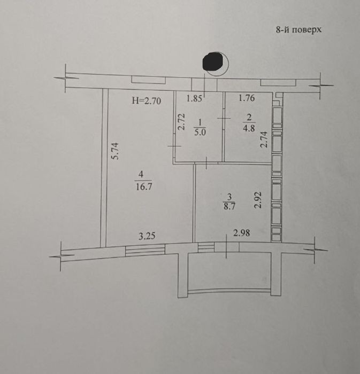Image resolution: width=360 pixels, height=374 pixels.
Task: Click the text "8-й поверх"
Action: pyautogui.click(x=298, y=30)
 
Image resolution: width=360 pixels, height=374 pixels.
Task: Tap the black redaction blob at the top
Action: pyautogui.click(x=212, y=62)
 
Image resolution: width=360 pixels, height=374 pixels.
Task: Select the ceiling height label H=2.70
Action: pyautogui.click(x=147, y=101)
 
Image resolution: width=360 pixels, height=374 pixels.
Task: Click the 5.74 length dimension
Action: pyautogui.click(x=115, y=151)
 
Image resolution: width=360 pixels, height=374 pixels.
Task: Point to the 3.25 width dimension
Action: pyautogui.click(x=147, y=236)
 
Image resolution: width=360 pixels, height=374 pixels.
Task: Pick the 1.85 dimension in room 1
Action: pyautogui.click(x=194, y=98)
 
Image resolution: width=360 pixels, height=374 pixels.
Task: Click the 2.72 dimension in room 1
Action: pyautogui.click(x=182, y=122)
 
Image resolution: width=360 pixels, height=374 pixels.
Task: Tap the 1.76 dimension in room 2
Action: pyautogui.click(x=247, y=98)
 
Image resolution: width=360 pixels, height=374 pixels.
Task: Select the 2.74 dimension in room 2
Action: pyautogui.click(x=264, y=140)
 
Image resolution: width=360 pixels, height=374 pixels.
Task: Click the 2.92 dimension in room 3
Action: pyautogui.click(x=258, y=200)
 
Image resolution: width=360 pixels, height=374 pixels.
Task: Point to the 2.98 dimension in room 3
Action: pyautogui.click(x=242, y=232)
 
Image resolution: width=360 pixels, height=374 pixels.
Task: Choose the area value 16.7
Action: pyautogui.click(x=144, y=186)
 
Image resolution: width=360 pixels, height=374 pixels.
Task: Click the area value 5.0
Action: pyautogui.click(x=200, y=132)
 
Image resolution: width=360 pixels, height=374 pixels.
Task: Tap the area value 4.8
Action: pyautogui.click(x=249, y=128)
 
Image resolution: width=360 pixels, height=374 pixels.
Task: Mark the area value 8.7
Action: pyautogui.click(x=229, y=206)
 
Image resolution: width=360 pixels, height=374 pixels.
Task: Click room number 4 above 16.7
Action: pyautogui.click(x=141, y=175)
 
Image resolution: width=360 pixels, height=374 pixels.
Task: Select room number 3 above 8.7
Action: pyautogui.click(x=229, y=197)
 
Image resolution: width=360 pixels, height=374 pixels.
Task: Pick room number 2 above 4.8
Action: pyautogui.click(x=249, y=118)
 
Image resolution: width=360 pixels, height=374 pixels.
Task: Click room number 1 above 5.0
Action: pyautogui.click(x=200, y=122)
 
